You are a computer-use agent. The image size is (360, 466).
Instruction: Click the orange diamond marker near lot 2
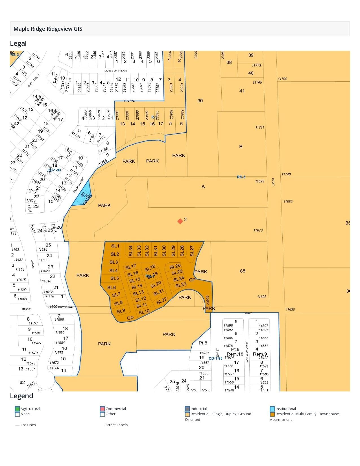[180, 221]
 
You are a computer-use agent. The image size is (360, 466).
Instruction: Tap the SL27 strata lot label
[192, 251]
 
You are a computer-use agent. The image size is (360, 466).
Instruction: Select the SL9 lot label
[121, 311]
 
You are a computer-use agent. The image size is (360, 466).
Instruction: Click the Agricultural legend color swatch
[18, 409]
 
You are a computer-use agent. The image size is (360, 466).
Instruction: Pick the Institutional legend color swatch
[272, 409]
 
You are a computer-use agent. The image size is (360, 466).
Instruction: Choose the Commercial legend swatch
[102, 409]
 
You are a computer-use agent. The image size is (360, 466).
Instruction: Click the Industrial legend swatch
[187, 409]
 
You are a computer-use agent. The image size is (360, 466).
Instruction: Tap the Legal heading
[18, 43]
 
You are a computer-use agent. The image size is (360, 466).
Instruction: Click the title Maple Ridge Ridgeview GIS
[48, 29]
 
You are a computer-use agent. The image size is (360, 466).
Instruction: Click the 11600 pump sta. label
[60, 306]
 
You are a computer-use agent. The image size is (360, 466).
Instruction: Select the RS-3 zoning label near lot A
[241, 177]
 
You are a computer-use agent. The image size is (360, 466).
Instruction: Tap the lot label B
[241, 147]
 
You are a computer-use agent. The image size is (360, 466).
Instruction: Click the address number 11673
[258, 230]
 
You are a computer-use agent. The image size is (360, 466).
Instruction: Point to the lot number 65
[243, 271]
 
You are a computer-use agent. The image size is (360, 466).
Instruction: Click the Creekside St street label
[34, 80]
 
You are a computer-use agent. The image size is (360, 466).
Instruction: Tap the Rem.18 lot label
[235, 354]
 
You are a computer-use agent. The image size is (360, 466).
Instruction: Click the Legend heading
[21, 396]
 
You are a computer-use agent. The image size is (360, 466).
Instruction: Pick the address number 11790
[282, 79]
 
